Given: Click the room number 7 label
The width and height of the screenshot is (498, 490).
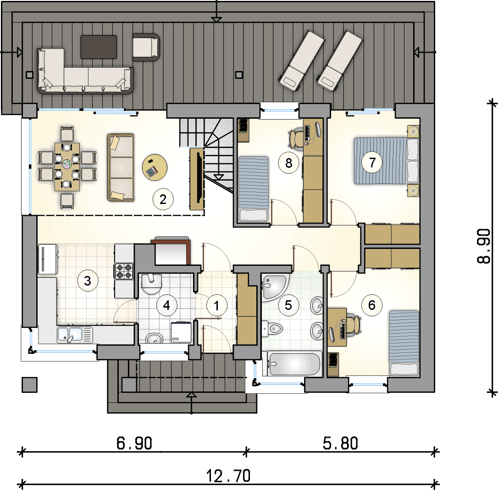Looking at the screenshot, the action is coord(372,163).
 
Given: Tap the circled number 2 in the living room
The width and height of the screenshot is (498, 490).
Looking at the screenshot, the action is coord(163,199).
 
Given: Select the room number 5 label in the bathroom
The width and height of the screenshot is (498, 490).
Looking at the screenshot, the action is coord(288,305).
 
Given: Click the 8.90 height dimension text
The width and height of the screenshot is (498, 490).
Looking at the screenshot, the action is coord(484,247).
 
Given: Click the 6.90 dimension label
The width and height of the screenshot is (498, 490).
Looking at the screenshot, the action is coord(134,443).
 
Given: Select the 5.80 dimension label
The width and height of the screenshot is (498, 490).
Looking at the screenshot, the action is coord(340,443).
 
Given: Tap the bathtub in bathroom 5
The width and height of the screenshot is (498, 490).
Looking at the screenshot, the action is coord(294,363).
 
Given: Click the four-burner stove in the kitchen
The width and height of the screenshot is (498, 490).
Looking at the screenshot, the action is coord(124,271).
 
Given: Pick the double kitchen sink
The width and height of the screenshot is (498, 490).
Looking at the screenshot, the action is coord(75,335).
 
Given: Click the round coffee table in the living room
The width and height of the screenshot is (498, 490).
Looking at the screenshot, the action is coord(155,168).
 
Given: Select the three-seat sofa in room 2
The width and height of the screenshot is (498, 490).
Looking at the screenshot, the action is coord(121,167).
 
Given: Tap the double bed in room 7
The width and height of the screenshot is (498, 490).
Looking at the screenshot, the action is coord(387,161).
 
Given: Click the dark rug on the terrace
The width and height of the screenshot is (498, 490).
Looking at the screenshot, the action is coord(99,47).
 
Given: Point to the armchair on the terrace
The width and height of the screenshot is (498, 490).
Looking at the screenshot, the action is coord(146,47).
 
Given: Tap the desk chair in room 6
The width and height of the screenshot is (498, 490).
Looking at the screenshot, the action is coord(354,325).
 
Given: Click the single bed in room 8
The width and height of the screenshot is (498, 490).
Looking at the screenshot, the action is coord(254,189).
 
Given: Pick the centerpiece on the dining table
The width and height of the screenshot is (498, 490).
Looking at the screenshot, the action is coord(67,164).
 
